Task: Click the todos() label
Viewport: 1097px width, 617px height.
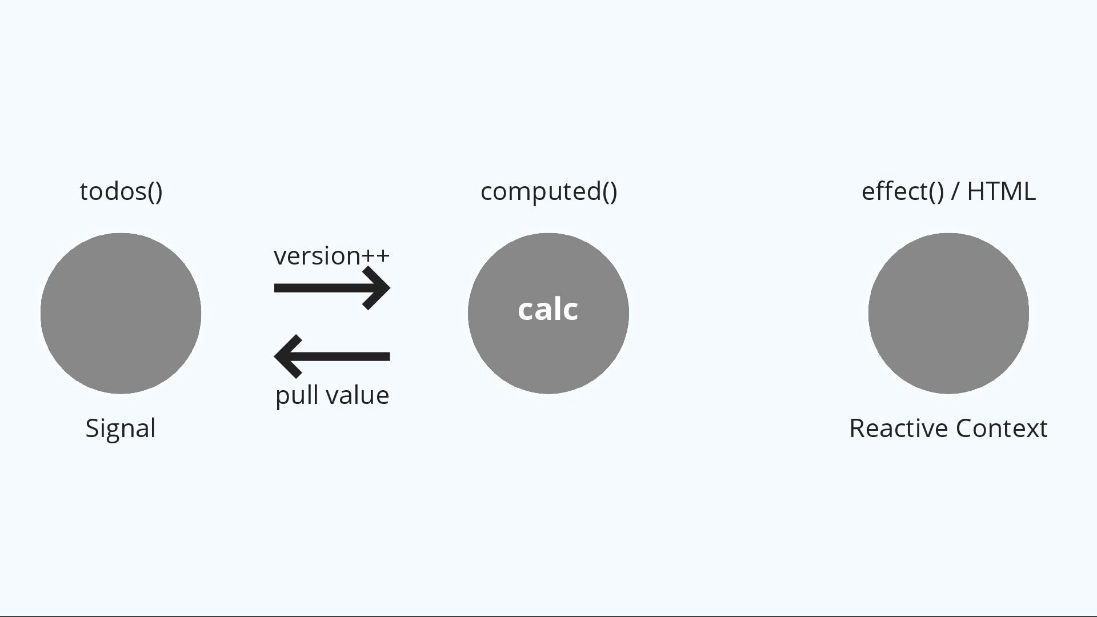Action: [x=121, y=191]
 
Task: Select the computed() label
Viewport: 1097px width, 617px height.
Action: [x=548, y=191]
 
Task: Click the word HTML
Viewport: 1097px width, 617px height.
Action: [x=1001, y=191]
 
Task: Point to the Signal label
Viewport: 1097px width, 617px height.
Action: [x=121, y=428]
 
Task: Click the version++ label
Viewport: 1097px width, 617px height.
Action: [x=331, y=256]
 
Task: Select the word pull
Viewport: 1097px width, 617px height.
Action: [x=293, y=395]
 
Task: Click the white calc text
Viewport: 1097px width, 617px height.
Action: [x=548, y=310]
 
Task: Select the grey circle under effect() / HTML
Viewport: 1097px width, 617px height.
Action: [x=948, y=313]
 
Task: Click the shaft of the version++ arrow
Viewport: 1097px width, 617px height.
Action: [x=320, y=288]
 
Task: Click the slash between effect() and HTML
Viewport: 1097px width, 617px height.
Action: [x=955, y=191]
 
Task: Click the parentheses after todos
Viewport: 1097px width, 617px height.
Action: [x=155, y=191]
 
